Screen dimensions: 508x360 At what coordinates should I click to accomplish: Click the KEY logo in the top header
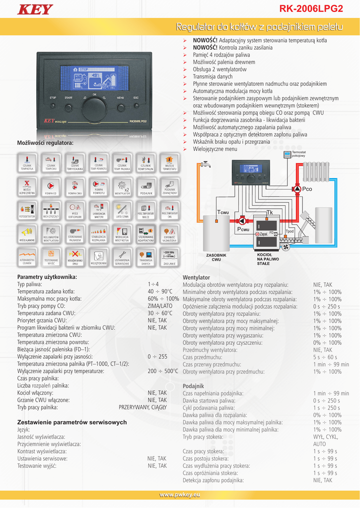[35, 9]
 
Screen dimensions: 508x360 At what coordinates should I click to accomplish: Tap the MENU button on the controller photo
[121, 106]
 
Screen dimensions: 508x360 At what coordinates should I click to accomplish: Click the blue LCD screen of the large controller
[94, 78]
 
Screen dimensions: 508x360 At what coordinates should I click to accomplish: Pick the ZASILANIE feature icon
[169, 257]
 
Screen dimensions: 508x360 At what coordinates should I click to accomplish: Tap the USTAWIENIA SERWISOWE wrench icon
[122, 257]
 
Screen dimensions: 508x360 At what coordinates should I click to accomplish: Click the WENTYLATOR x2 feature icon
[122, 186]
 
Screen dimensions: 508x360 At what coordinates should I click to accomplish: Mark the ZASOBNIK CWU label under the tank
[216, 257]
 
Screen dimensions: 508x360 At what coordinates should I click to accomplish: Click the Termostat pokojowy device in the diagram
[287, 155]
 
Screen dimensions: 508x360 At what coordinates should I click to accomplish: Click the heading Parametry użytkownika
[47, 277]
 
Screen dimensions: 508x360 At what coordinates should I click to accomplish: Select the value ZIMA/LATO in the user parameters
[157, 306]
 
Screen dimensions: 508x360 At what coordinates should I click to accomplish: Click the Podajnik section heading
[193, 385]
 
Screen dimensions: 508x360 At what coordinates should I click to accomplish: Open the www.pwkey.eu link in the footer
[179, 495]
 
